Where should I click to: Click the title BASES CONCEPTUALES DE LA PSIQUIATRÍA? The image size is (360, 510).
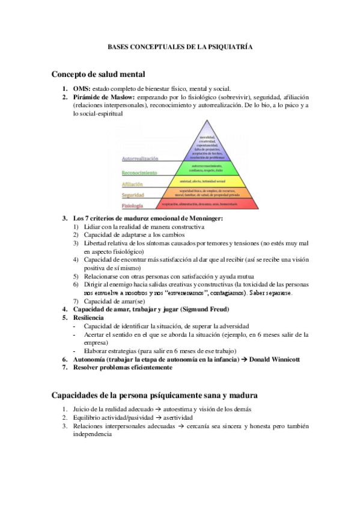(x=180, y=46)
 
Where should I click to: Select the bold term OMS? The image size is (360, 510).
(x=82, y=88)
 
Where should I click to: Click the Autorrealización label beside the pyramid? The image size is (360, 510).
(x=139, y=159)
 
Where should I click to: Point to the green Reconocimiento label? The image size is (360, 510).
(x=139, y=173)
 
